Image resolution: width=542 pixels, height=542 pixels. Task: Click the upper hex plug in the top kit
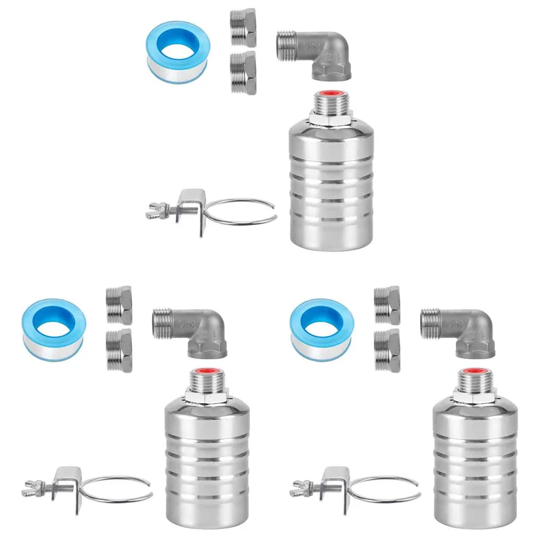tap(243, 27)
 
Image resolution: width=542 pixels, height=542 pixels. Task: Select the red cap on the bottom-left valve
tap(207, 371)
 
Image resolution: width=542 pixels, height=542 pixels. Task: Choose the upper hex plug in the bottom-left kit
tap(119, 306)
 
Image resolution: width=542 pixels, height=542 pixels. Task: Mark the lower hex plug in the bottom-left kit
tap(119, 350)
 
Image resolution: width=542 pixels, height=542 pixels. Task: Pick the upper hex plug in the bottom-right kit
tap(386, 306)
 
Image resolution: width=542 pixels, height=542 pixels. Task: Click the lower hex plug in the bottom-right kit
tap(386, 350)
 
